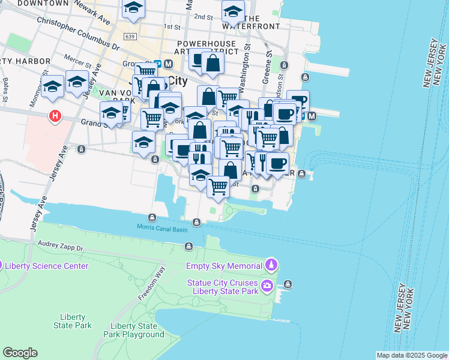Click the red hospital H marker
click(55, 116)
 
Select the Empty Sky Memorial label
click(224, 266)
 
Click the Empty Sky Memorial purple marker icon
click(271, 265)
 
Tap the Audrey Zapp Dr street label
click(60, 245)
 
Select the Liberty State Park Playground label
click(133, 330)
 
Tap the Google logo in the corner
click(20, 353)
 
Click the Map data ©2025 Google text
click(412, 355)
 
